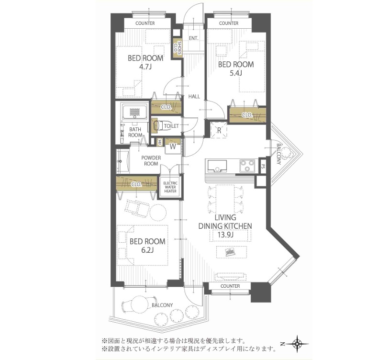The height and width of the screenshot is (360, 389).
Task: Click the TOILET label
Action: pos(171,126)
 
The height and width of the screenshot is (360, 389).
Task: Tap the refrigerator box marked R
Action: pos(219,130)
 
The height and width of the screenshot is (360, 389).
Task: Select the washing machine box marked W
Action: pos(173,146)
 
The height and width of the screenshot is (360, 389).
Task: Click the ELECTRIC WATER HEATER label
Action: pos(170,187)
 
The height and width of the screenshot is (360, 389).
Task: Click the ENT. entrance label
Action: pos(193,38)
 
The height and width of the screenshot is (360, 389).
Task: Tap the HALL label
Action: pos(194,96)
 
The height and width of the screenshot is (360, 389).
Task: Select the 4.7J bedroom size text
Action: pos(145,67)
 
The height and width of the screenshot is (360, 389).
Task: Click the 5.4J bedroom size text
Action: pos(236,73)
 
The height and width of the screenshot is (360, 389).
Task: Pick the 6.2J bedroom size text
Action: pos(147,250)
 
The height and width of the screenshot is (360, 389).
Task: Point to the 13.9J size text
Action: pos(225,235)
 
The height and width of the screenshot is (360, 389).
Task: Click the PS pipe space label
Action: pos(263,165)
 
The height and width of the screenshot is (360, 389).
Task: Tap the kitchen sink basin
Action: pos(217,166)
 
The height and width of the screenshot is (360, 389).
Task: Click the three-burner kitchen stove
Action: pos(247,166)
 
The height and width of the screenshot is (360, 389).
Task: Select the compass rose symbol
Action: pos(297,344)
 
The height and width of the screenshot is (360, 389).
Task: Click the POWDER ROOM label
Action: pos(151,161)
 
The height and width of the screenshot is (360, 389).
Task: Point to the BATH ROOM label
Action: pos(135,132)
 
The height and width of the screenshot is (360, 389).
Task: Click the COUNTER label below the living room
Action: pos(230,286)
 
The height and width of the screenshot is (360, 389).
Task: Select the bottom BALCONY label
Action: pos(162,305)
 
